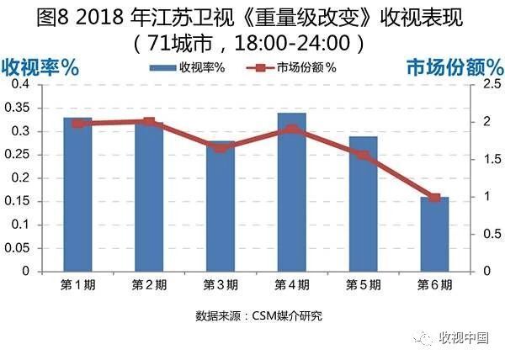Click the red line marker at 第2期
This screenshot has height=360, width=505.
(149, 122)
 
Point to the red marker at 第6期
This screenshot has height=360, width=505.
(434, 198)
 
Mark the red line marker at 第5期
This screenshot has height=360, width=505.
(363, 155)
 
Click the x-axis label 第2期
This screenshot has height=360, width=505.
(149, 284)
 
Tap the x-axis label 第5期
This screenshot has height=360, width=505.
(363, 284)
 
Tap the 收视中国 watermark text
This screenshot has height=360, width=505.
(465, 338)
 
